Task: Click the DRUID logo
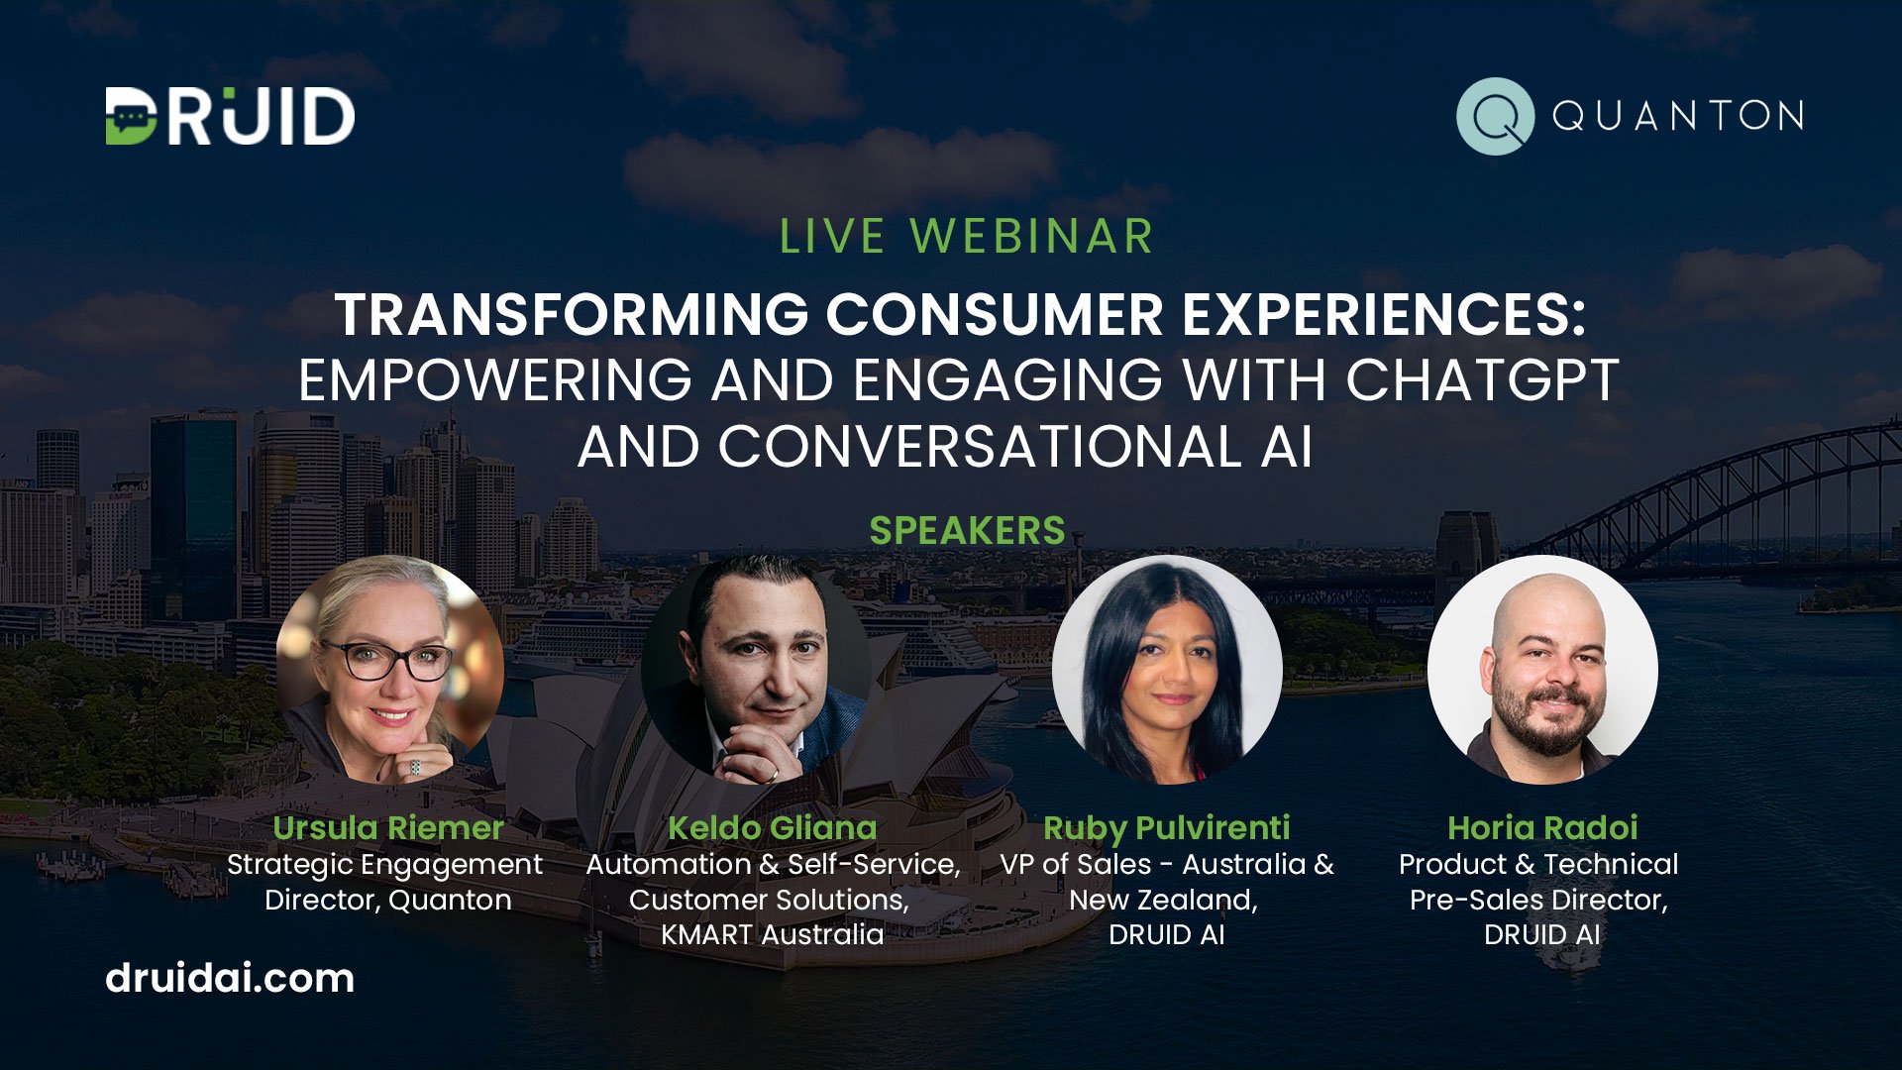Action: tap(230, 116)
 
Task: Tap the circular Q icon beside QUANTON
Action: tap(1495, 116)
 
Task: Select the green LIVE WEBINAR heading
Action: tap(966, 237)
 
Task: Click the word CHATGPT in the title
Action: tap(1482, 380)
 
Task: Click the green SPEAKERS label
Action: tap(967, 531)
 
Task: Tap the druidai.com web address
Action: tap(230, 979)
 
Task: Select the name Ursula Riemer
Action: tap(388, 827)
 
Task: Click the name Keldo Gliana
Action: tap(772, 827)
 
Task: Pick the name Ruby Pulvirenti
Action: tap(1166, 827)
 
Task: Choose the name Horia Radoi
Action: tap(1541, 827)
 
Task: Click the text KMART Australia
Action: tap(772, 934)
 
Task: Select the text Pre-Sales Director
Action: tap(1537, 900)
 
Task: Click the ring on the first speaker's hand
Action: tap(415, 767)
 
